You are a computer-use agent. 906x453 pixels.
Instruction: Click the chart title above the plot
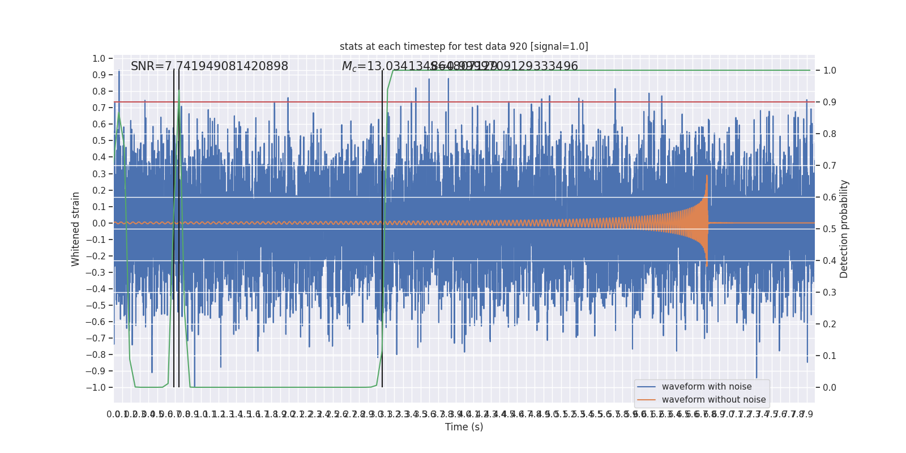click(464, 46)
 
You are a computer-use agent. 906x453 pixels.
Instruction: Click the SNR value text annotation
click(210, 66)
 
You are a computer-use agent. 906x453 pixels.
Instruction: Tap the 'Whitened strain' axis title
click(76, 229)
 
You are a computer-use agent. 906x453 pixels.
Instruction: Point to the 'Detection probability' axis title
click(844, 229)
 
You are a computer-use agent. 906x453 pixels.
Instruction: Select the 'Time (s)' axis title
click(464, 427)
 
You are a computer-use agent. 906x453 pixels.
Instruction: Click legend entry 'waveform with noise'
click(707, 387)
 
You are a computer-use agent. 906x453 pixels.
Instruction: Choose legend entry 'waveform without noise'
click(713, 400)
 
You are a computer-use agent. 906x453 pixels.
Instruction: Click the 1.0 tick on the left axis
click(99, 58)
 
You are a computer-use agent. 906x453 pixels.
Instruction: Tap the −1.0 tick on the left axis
click(96, 387)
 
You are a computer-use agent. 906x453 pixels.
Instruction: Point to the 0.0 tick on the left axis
click(99, 223)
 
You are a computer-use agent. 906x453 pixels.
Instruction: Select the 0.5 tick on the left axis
click(99, 140)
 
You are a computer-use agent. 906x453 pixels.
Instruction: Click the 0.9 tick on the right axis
click(830, 102)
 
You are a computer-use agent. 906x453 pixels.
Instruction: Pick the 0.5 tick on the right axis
click(830, 229)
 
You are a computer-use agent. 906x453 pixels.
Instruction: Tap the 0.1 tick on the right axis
click(830, 356)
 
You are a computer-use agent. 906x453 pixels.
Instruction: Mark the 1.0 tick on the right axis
click(830, 70)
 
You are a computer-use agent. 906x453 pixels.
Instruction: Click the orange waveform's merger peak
click(707, 177)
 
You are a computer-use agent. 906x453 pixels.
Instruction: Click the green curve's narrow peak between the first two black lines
click(179, 91)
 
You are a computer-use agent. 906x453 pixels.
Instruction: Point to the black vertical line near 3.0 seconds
click(382, 226)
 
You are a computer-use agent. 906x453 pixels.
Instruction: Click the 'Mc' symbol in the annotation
click(349, 67)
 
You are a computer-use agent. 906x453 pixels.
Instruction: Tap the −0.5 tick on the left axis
click(96, 305)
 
